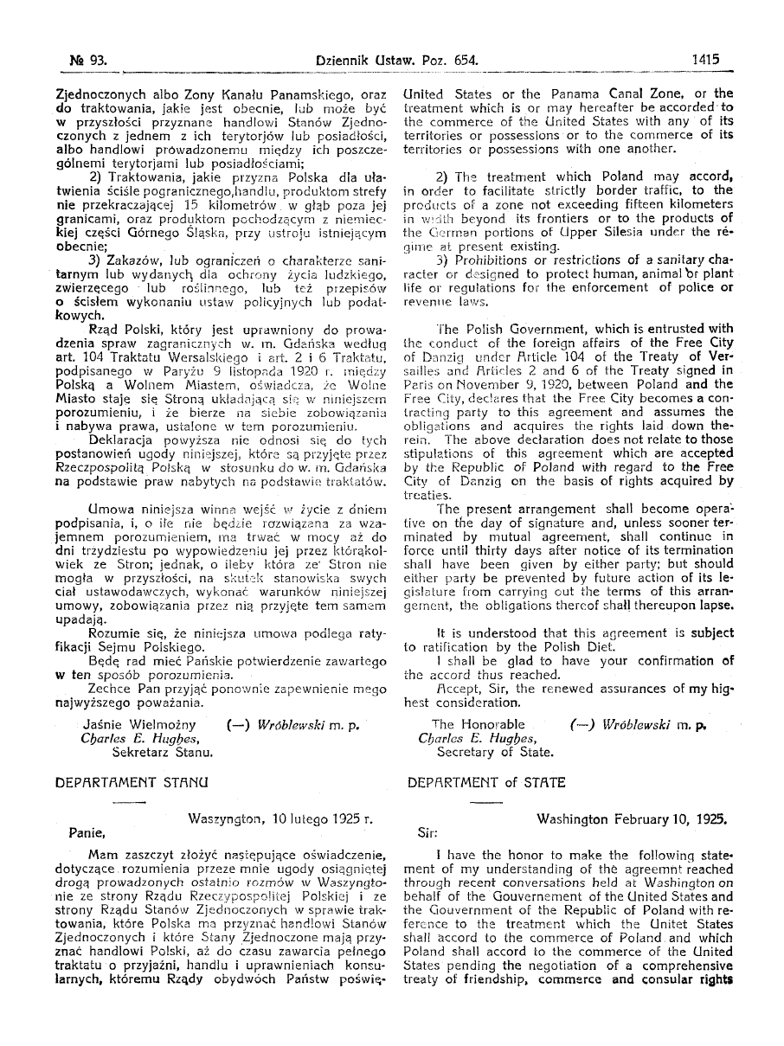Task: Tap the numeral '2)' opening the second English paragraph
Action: click(441, 176)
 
